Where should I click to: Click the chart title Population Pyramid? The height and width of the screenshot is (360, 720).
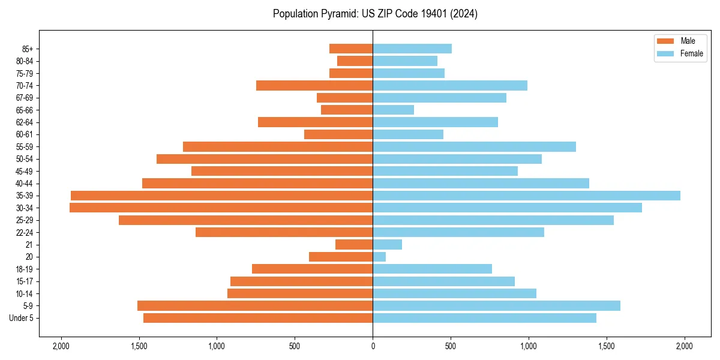coord(375,14)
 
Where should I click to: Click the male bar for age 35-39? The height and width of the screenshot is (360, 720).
coord(221,196)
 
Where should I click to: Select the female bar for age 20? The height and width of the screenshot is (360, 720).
coord(379,257)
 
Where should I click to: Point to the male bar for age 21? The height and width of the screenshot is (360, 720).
coord(354,245)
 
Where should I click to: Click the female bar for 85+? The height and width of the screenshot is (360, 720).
coord(412,49)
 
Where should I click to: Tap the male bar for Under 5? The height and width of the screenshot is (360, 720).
coord(258,318)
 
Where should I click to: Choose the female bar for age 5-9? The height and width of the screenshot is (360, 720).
coord(496,306)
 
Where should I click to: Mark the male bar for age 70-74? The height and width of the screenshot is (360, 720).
coord(314,86)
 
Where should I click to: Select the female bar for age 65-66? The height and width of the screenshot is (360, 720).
coord(393,110)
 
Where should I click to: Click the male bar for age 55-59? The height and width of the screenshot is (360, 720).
coord(278,147)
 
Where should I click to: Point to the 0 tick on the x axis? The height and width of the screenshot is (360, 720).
coord(373,346)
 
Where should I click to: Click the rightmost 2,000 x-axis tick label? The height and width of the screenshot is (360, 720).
coord(685,346)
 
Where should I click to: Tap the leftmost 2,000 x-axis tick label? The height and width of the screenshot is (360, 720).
coord(61,346)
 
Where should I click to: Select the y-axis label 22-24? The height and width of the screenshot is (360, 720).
coord(25,233)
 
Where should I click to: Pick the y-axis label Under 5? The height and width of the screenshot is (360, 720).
coord(22,318)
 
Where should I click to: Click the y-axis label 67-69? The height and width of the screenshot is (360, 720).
coord(25,98)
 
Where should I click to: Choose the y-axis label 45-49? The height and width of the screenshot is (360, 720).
coord(25,172)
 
